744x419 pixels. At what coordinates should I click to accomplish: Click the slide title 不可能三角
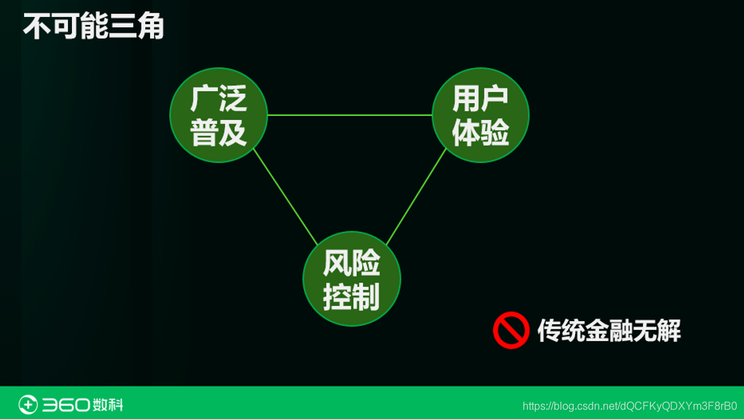[94, 27]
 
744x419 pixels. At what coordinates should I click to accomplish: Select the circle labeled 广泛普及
[219, 115]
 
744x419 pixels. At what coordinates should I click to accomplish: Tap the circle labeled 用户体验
[480, 115]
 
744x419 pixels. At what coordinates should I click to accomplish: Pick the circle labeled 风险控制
[352, 279]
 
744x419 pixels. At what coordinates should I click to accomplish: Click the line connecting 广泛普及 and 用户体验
[350, 115]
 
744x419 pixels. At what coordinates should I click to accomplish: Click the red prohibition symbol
[511, 330]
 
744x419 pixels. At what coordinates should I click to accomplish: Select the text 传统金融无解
[609, 331]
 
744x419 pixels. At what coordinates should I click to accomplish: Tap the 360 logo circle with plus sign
[28, 404]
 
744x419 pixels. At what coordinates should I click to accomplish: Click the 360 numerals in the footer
[66, 405]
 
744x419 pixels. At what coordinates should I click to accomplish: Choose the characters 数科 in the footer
[108, 405]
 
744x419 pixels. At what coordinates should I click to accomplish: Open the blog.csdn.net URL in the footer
[630, 406]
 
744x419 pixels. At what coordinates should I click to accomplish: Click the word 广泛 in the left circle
[219, 99]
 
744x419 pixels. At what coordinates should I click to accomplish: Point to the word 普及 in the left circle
[219, 132]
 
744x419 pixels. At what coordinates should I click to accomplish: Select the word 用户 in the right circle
[480, 99]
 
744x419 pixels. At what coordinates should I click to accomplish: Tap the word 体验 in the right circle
[480, 132]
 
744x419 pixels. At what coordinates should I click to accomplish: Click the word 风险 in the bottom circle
[352, 263]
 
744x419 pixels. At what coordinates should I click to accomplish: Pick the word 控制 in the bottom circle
[352, 296]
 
